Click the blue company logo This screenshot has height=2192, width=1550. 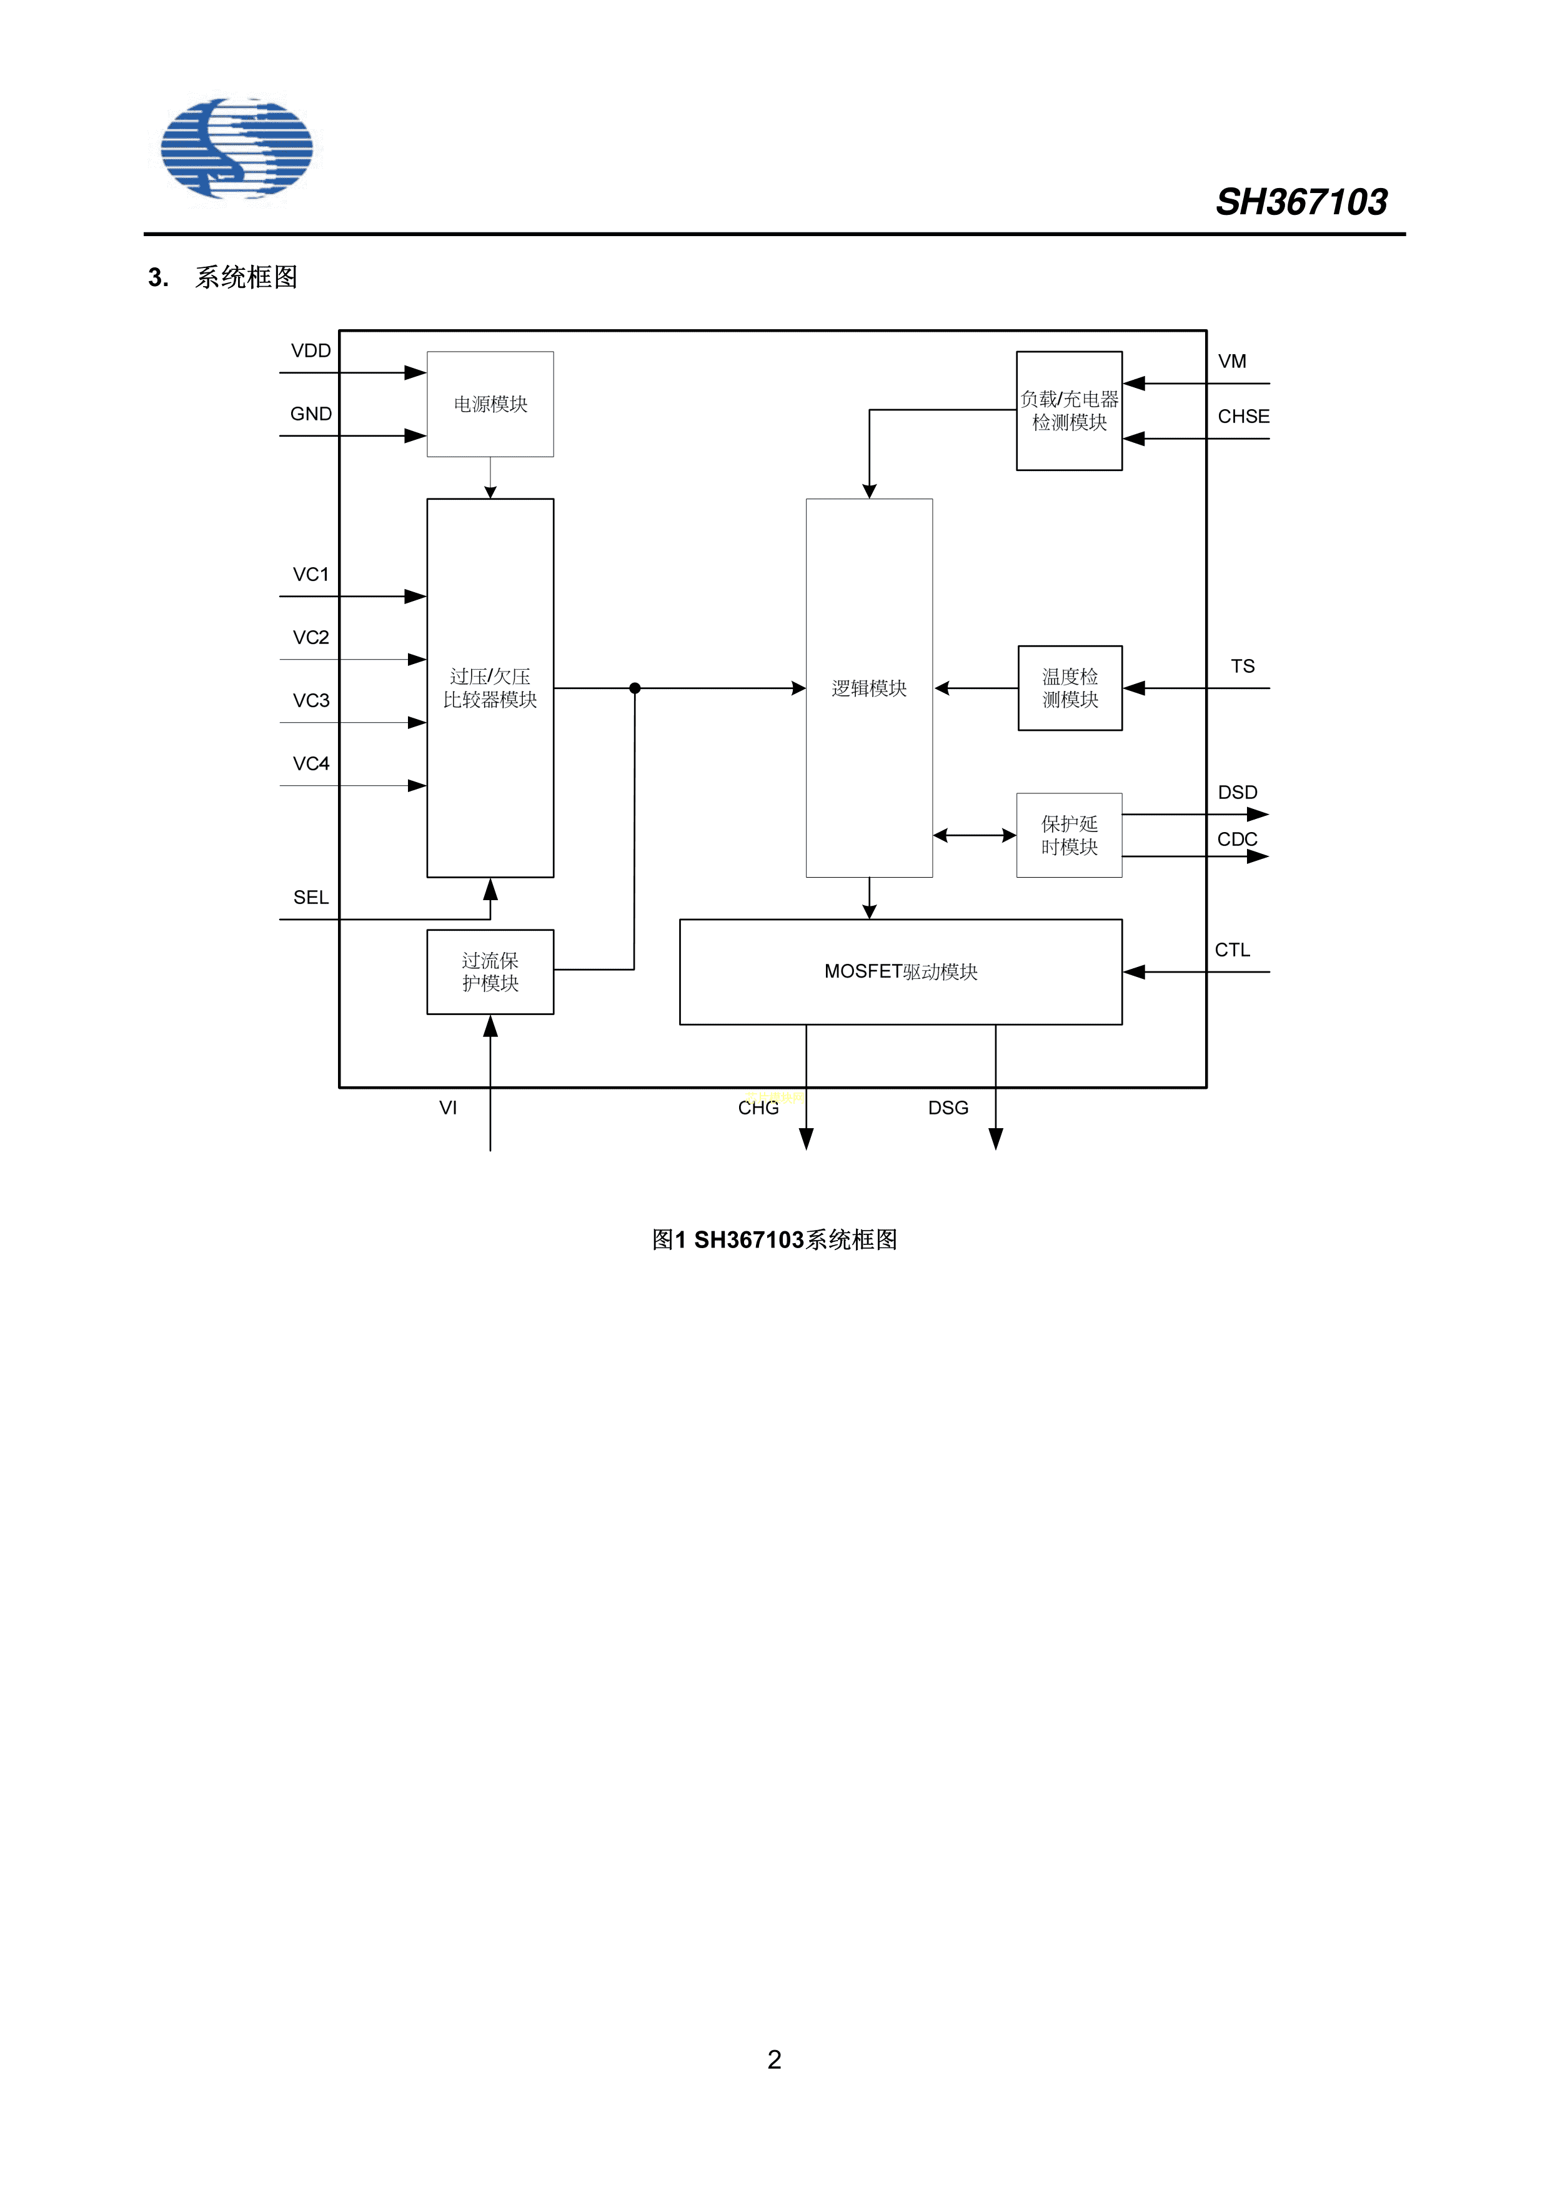[x=236, y=148]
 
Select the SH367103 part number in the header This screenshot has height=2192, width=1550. [x=1301, y=202]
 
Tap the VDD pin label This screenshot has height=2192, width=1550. [x=310, y=350]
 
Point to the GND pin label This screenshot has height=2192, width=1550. [x=310, y=414]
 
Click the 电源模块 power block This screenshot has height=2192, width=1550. [x=490, y=404]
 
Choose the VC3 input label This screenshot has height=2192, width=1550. [x=310, y=701]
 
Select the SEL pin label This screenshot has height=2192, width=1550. [x=310, y=898]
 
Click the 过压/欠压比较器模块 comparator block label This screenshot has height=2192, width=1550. [x=490, y=687]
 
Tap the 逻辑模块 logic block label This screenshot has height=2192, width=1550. [x=869, y=688]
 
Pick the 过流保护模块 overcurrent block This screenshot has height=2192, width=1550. [x=490, y=972]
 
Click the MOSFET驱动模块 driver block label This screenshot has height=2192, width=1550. [x=901, y=972]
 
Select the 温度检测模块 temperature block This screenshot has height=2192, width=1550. [x=1070, y=688]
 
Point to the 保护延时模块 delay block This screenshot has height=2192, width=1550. [x=1069, y=835]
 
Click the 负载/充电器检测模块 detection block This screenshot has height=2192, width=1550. [x=1069, y=410]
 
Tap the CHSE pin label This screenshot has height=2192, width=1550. [x=1243, y=416]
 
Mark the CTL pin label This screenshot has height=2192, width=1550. [x=1232, y=950]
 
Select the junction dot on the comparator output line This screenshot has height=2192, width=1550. [x=635, y=688]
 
